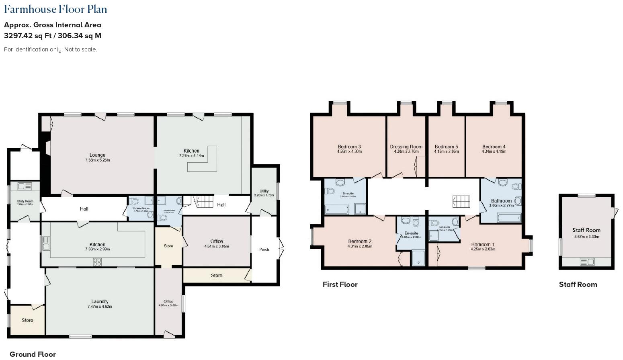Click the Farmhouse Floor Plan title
click(x=55, y=9)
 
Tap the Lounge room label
click(x=97, y=155)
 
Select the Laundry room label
click(x=100, y=301)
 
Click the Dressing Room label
click(x=406, y=147)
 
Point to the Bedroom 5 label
click(x=446, y=147)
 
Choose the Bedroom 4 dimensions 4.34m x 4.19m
click(x=494, y=152)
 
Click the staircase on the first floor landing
click(x=461, y=201)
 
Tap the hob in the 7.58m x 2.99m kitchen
click(x=97, y=262)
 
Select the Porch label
click(x=264, y=250)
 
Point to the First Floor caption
click(x=340, y=284)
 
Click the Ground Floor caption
click(x=33, y=354)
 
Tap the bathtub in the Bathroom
click(x=509, y=218)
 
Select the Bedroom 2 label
click(x=360, y=241)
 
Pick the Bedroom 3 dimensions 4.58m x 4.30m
click(x=349, y=152)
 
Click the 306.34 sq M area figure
click(x=80, y=36)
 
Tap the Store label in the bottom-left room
click(x=27, y=320)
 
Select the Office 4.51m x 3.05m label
click(x=217, y=241)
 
